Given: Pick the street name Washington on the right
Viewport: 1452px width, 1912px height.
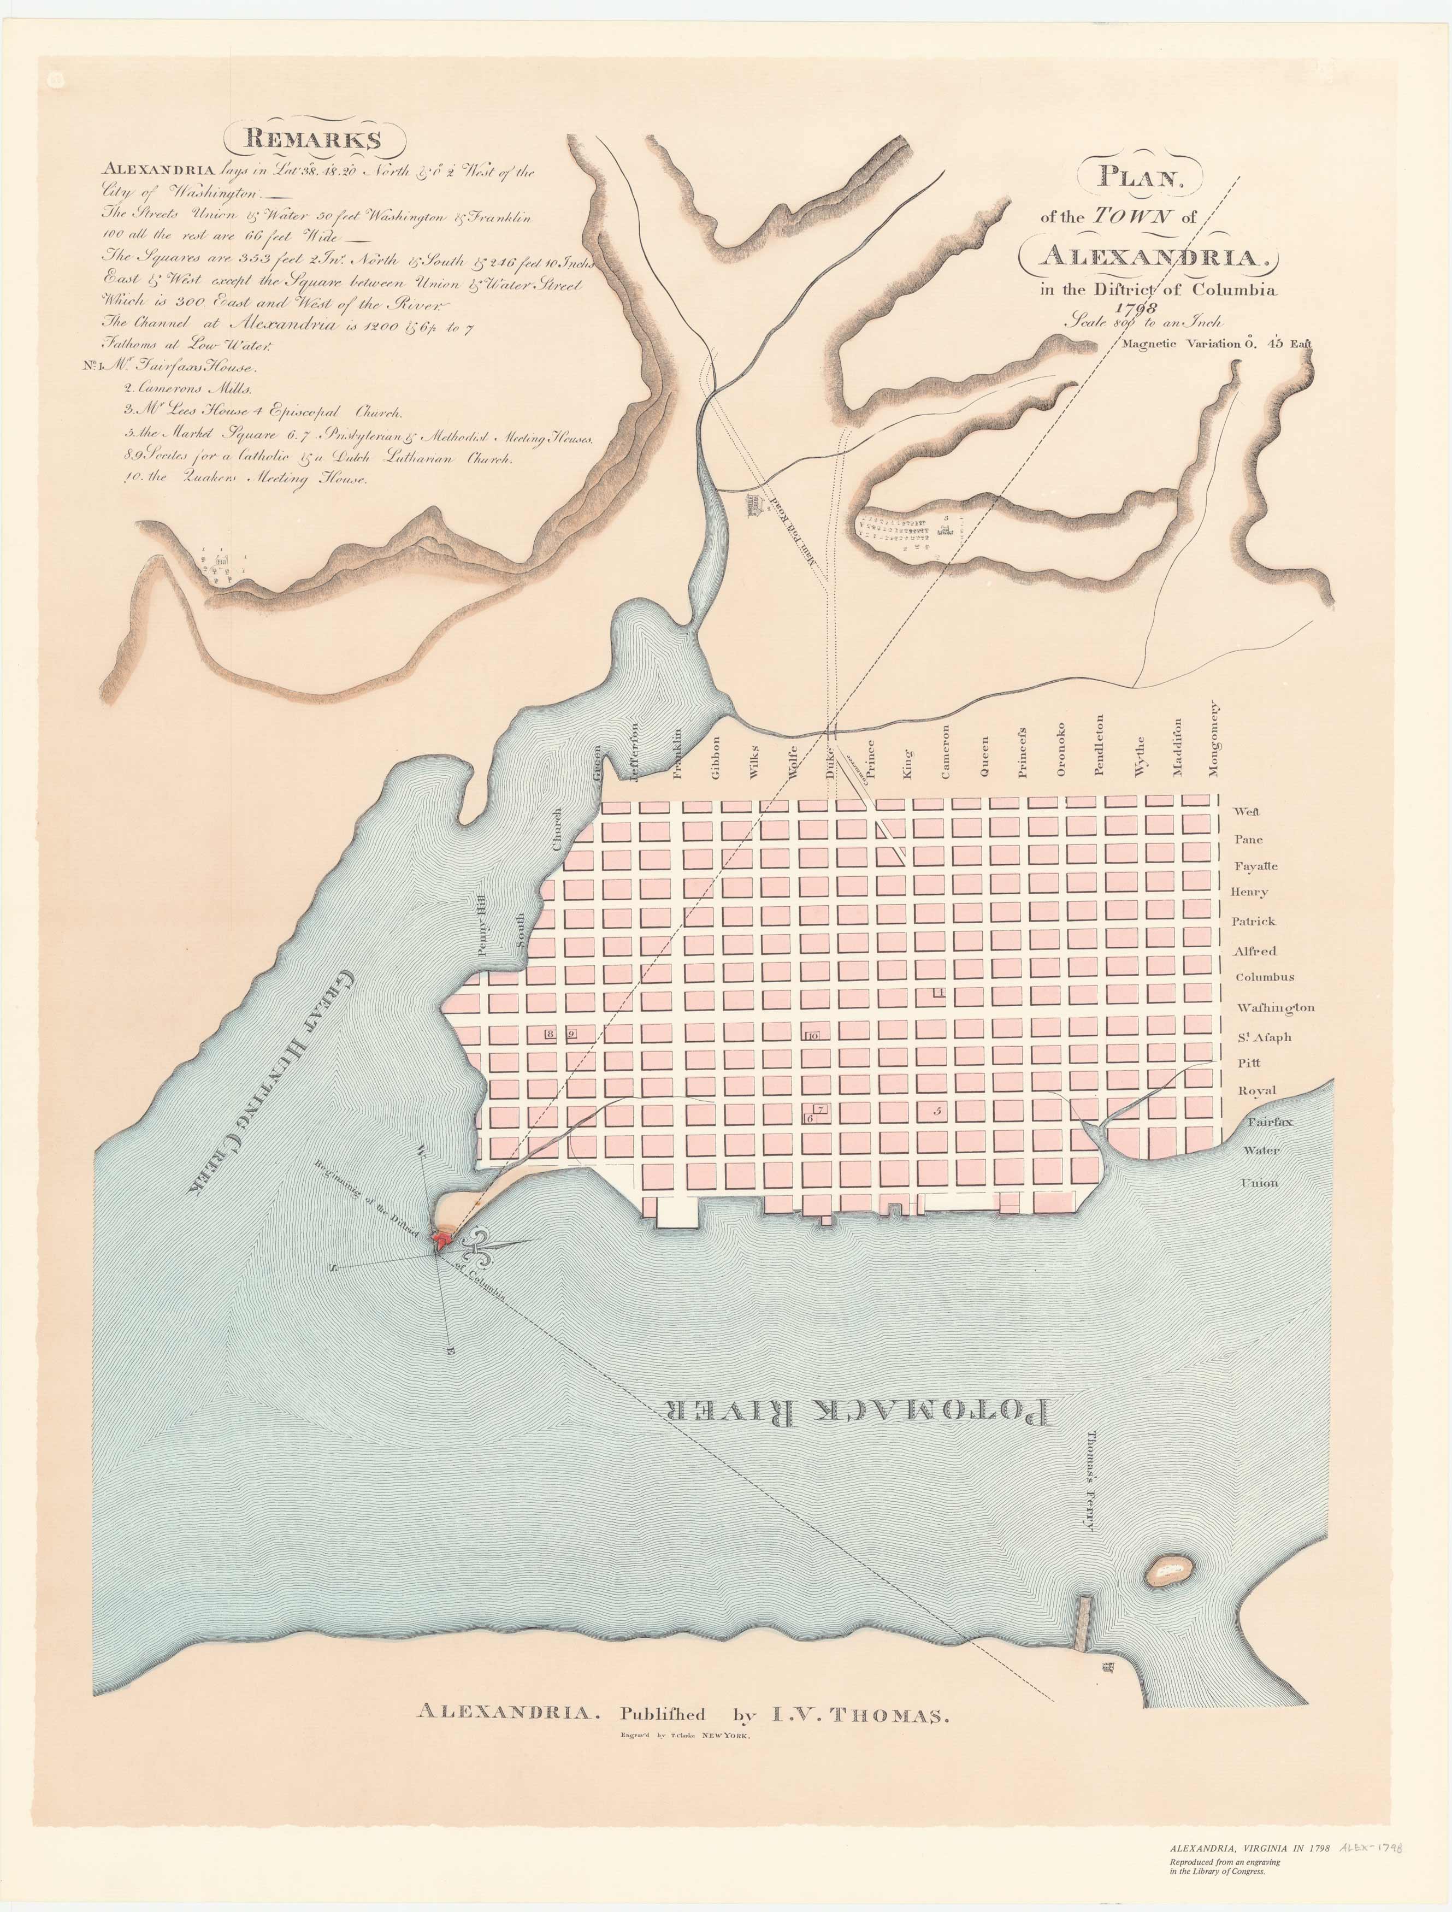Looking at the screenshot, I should (x=1276, y=1007).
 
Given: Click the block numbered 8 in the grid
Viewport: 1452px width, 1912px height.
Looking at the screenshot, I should (x=550, y=1033).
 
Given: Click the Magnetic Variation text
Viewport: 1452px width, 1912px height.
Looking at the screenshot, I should (x=1215, y=343).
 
